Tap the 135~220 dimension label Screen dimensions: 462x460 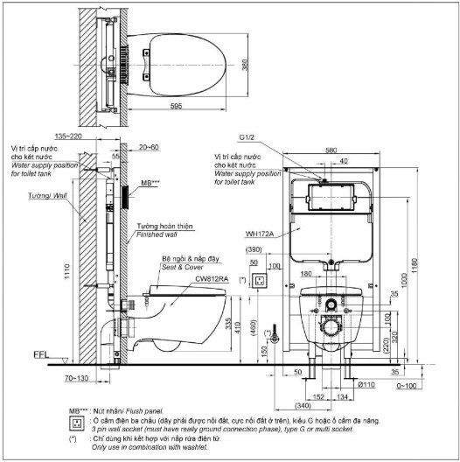tap(93, 136)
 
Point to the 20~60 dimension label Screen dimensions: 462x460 tap(150, 148)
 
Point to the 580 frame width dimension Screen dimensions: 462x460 tap(330, 150)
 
